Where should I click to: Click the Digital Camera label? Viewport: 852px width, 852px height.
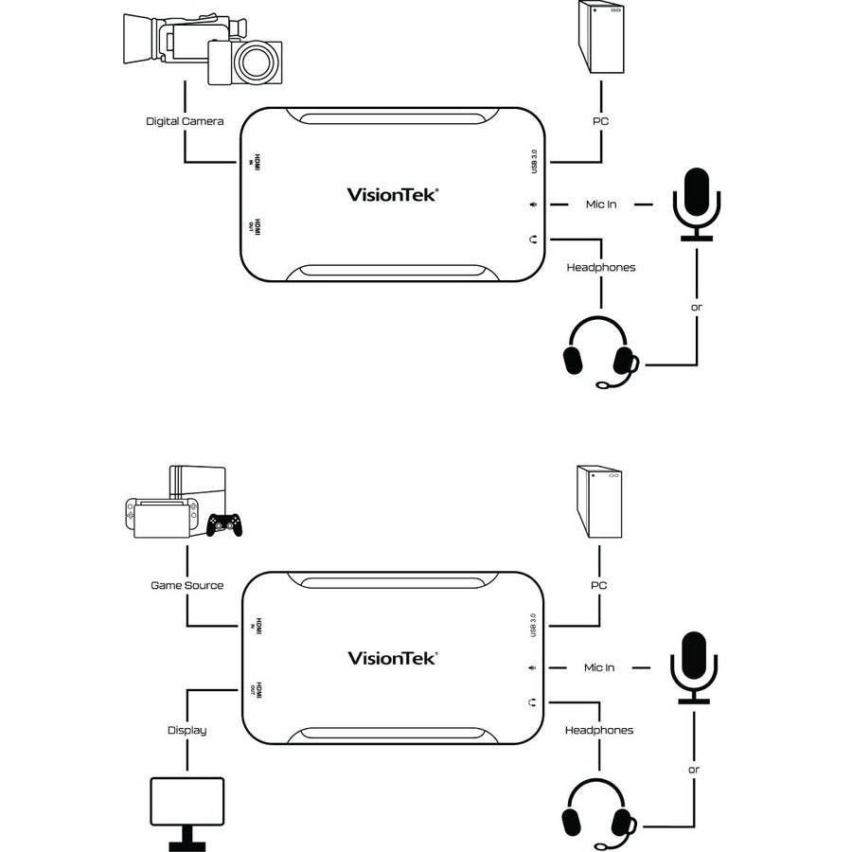point(185,121)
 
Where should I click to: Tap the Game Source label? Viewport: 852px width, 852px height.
point(187,585)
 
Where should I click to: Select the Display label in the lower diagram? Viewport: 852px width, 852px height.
point(186,730)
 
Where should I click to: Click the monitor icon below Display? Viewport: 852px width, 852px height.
point(187,806)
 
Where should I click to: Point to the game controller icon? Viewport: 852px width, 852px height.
point(224,524)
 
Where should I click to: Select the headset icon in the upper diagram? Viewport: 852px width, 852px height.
point(600,355)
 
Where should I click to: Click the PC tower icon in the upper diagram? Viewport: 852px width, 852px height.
point(601,38)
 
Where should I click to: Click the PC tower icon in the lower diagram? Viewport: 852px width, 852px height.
point(599,503)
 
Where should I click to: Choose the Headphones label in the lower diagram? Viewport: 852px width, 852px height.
point(599,730)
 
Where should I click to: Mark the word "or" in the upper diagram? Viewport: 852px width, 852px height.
point(696,308)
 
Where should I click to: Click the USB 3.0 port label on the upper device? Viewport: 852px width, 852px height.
point(535,159)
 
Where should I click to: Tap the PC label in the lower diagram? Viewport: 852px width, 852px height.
point(599,585)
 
